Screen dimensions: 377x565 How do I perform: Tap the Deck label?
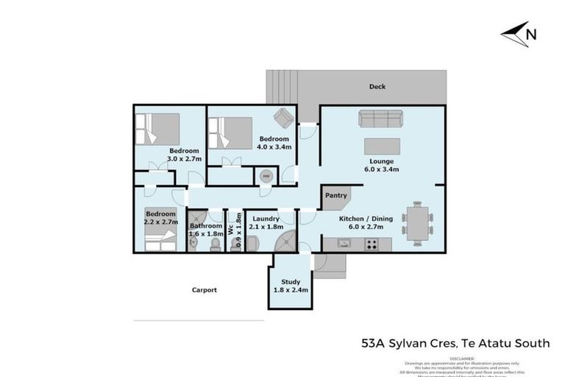pyautogui.click(x=377, y=87)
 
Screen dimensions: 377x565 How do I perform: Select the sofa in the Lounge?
pyautogui.click(x=380, y=118)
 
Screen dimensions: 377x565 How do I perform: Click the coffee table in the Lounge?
pyautogui.click(x=382, y=146)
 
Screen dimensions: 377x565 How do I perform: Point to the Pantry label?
pyautogui.click(x=335, y=196)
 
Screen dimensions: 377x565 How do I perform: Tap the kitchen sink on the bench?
pyautogui.click(x=345, y=242)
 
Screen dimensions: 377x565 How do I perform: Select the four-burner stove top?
pyautogui.click(x=372, y=243)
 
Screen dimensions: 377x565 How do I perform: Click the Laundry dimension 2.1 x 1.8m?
pyautogui.click(x=265, y=228)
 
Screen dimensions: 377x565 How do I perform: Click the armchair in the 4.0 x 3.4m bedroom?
pyautogui.click(x=282, y=118)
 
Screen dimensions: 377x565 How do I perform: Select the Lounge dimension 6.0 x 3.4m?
pyautogui.click(x=382, y=170)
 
